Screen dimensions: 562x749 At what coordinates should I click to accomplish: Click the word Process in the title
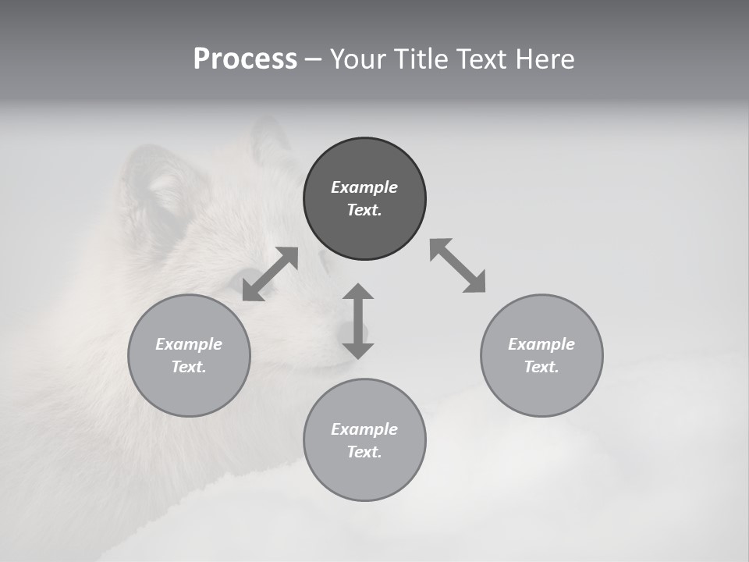point(245,59)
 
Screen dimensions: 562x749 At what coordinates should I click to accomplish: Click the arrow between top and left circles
point(270,274)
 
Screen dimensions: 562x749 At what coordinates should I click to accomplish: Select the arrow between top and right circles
point(458,265)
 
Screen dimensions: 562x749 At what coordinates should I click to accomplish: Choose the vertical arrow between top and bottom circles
point(358,321)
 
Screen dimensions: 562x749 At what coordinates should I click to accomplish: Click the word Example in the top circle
point(364,187)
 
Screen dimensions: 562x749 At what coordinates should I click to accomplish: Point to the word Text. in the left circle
point(189,367)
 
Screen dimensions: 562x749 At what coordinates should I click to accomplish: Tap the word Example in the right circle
point(541,344)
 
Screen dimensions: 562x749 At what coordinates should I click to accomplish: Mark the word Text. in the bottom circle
point(364,452)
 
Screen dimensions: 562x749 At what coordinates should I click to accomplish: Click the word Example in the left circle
point(189,344)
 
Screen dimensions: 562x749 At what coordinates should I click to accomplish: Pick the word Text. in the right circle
point(541,367)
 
